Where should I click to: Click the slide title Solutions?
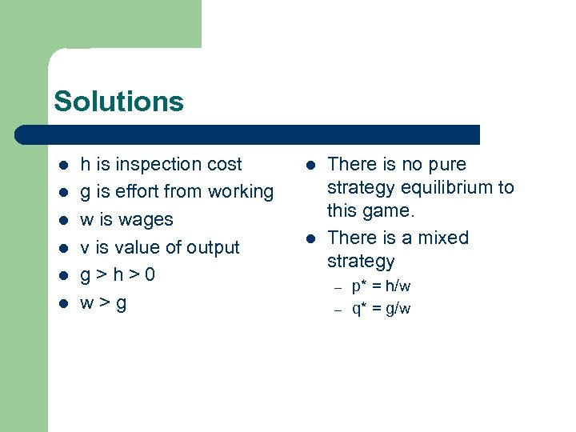tap(118, 102)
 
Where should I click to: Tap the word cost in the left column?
tap(224, 164)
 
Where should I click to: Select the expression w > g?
tap(103, 304)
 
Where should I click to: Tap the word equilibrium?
tap(446, 188)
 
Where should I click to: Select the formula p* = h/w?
tap(382, 286)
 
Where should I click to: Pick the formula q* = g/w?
tap(382, 309)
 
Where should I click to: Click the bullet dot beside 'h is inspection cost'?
tap(62, 165)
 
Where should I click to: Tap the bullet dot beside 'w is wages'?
tap(62, 220)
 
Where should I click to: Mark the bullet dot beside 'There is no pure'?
tap(309, 165)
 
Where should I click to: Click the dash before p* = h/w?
tap(338, 286)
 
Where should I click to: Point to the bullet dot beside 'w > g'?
tap(62, 304)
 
